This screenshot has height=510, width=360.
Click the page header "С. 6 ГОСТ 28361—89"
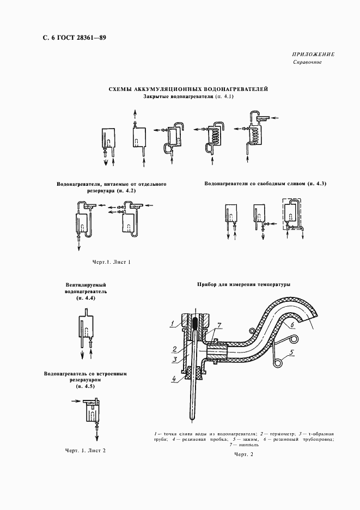pos(75,38)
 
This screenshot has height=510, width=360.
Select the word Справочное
pos(307,62)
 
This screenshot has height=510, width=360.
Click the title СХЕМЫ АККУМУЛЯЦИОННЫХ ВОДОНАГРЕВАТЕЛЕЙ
pos(188,89)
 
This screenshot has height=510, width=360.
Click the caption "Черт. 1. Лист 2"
pos(85,451)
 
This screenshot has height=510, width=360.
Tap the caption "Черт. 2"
pos(243,454)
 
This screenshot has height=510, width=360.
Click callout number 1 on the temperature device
pos(173,324)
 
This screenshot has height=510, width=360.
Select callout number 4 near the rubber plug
pos(174,379)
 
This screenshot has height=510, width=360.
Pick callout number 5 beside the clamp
pos(292,352)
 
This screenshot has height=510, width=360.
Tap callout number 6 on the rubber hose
pos(292,325)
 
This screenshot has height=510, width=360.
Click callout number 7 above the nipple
pos(219,326)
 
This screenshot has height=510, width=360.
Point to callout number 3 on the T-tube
pos(174,360)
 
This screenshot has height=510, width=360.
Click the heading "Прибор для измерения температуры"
pos(243,284)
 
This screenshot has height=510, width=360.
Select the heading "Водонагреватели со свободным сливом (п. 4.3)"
pos(265,184)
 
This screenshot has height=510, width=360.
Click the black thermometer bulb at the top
pos(196,323)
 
